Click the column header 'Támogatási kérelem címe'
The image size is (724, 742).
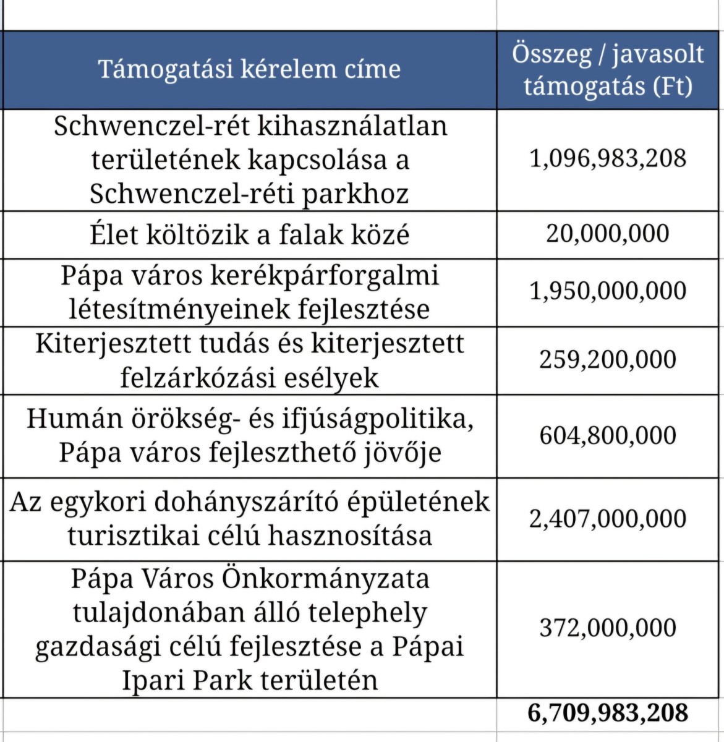(249, 69)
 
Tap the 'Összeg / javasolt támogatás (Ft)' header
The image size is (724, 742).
(608, 70)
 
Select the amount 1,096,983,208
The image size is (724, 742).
(608, 158)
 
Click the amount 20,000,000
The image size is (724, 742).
(608, 234)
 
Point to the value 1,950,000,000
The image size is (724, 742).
(608, 291)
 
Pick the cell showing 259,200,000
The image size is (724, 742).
(608, 359)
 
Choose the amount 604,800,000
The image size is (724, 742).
(608, 435)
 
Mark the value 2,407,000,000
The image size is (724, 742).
(608, 518)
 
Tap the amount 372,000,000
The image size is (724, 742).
(608, 628)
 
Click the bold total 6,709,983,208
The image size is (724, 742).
(608, 712)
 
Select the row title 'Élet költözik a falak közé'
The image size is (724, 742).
(249, 234)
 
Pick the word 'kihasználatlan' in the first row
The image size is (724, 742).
(352, 126)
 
